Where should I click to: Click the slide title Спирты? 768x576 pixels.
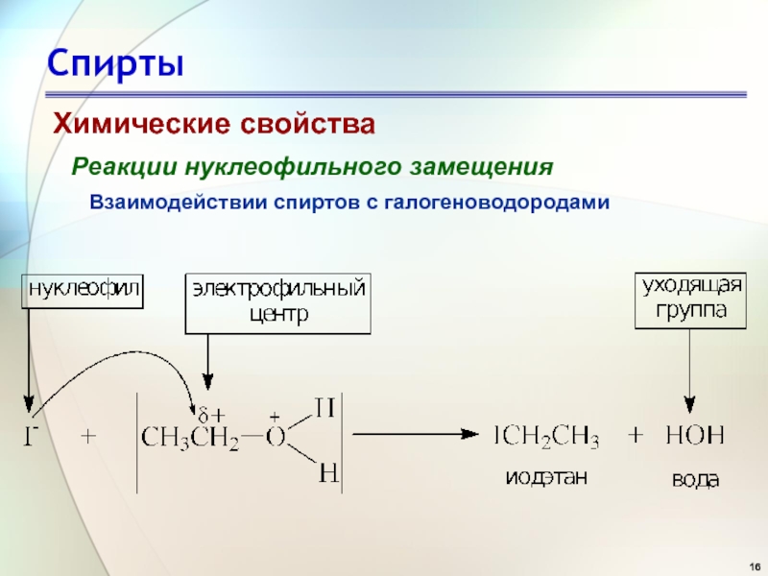116,64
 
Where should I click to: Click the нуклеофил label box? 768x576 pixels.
83,289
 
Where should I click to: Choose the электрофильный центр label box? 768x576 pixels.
277,301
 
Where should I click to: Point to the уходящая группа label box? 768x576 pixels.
691,299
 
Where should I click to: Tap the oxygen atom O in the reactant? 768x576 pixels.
275,438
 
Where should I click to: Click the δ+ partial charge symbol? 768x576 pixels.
209,416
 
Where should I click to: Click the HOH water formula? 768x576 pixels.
693,438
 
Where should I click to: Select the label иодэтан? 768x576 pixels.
546,477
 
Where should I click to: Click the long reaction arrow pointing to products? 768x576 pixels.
413,434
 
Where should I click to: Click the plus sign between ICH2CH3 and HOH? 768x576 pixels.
636,436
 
